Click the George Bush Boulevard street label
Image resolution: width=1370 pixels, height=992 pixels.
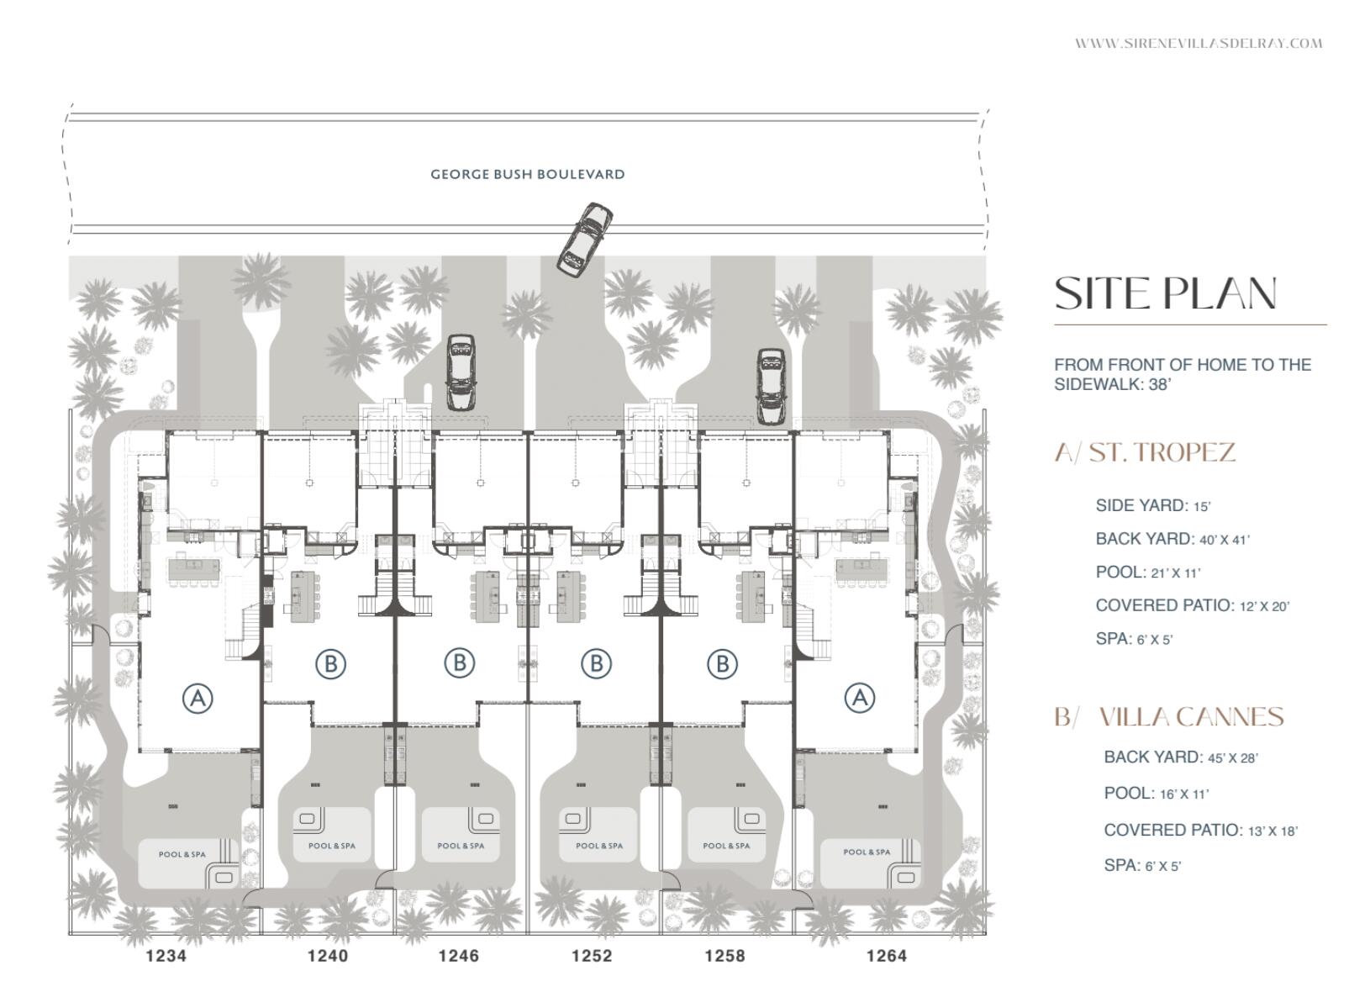click(527, 174)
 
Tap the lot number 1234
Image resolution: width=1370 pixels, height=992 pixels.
click(166, 955)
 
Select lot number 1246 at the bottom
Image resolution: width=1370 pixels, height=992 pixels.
click(459, 955)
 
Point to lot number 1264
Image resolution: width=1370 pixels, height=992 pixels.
click(886, 955)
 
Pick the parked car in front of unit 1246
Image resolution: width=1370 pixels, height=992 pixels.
click(461, 372)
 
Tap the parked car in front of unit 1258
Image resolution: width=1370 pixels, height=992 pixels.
click(771, 387)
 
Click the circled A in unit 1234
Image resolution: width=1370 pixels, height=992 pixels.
click(198, 698)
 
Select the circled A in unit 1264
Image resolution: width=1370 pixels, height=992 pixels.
click(860, 698)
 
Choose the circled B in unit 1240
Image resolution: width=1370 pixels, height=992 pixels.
click(331, 663)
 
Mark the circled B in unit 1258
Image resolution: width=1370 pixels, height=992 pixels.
click(722, 663)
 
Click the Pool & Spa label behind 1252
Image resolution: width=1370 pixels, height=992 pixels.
click(599, 846)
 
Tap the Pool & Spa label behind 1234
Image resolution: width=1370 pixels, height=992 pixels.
click(182, 854)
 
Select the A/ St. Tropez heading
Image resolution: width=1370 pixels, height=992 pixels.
click(1145, 452)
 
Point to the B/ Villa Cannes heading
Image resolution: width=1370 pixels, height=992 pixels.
click(1169, 717)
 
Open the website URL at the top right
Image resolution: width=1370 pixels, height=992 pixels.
click(1199, 44)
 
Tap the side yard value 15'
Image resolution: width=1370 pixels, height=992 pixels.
click(1202, 506)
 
